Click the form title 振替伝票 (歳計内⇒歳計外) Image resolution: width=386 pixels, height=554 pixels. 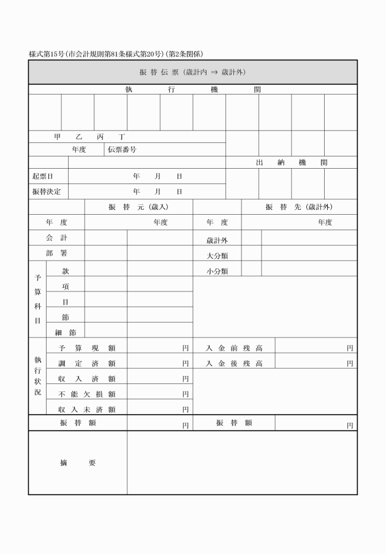click(192, 72)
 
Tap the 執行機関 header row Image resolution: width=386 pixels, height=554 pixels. click(192, 90)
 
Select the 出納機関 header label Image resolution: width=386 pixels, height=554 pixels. click(291, 163)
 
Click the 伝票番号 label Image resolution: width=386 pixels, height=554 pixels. click(121, 149)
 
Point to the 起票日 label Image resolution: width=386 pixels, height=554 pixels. click(43, 176)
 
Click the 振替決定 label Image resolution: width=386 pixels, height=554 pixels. click(47, 191)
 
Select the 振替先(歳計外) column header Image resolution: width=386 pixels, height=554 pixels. click(299, 207)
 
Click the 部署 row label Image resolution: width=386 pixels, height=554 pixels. click(56, 253)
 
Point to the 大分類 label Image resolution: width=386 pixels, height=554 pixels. click(218, 256)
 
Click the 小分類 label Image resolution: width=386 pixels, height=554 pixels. click(218, 271)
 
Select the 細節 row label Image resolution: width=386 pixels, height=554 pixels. click(65, 333)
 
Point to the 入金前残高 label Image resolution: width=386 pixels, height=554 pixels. click(234, 348)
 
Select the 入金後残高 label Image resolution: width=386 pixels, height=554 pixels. click(234, 363)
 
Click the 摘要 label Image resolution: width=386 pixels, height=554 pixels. click(77, 463)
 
